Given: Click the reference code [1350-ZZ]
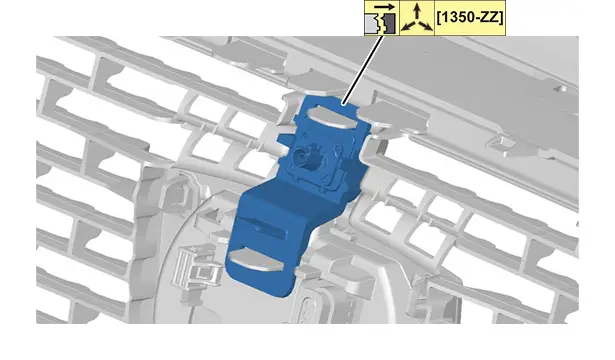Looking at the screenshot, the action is click(x=469, y=18).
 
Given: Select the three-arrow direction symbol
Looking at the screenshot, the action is click(x=417, y=18).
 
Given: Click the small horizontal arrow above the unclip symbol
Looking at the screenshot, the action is click(x=384, y=7).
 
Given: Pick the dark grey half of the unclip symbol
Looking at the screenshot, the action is click(x=389, y=24).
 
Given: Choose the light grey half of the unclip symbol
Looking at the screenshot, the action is click(x=372, y=24).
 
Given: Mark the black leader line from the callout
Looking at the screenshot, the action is click(x=363, y=70).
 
